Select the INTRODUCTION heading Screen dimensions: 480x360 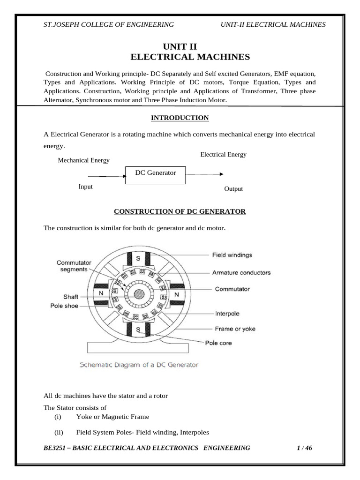coord(180,118)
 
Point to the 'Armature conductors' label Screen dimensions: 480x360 coord(241,272)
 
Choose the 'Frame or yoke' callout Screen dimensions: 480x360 coord(235,329)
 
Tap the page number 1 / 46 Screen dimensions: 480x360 coord(304,448)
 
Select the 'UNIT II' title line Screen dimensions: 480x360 coord(180,46)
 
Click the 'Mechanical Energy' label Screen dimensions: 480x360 coord(83,160)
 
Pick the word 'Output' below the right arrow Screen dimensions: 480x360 coord(233,189)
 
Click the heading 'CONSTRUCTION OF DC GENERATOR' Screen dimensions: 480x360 coord(180,211)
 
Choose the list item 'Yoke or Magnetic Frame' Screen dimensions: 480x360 coord(112,416)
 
